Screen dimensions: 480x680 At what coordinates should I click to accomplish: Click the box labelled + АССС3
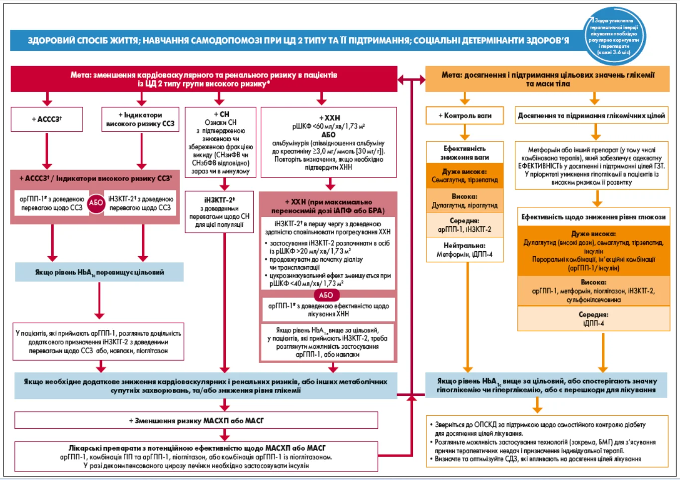pos(47,119)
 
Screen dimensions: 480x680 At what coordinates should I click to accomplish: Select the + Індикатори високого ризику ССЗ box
pos(140,119)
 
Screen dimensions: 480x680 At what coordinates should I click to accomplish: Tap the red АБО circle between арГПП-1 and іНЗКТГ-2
pos(96,203)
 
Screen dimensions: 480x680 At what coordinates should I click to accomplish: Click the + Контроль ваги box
pos(465,115)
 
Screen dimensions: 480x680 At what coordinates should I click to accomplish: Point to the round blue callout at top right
pos(614,36)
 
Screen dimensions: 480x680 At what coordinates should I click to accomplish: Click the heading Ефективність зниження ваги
pos(465,153)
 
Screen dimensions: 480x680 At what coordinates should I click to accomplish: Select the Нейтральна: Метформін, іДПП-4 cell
pos(465,250)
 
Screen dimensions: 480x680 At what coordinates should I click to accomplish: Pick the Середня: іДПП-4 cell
pos(593,319)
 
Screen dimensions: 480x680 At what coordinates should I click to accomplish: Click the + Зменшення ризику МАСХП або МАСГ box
pos(196,420)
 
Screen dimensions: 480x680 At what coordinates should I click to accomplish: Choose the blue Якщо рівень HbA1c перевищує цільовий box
pos(99,273)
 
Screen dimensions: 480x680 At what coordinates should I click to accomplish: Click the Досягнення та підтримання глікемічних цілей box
pos(591,115)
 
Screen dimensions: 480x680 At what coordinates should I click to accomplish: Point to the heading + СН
pos(221,114)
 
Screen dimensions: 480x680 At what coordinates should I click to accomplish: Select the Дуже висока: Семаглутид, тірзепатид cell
pos(465,176)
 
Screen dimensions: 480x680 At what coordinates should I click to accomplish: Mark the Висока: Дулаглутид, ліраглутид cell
pos(465,201)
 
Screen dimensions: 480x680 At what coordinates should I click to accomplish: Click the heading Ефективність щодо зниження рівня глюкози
pos(593,217)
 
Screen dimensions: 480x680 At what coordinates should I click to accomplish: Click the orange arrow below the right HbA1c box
pos(537,405)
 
